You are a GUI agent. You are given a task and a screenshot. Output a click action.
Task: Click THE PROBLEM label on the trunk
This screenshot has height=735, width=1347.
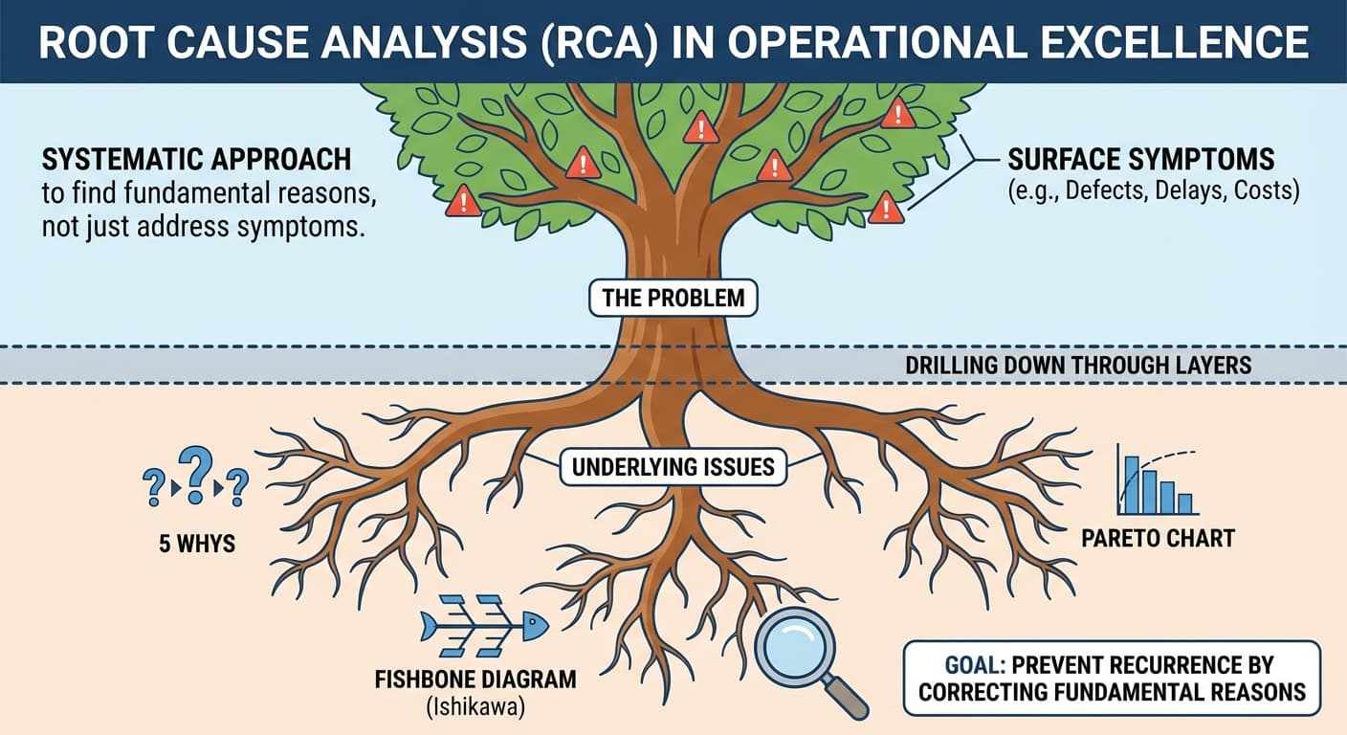coord(673,297)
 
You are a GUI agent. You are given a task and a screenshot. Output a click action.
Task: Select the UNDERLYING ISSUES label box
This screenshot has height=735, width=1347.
coord(673,467)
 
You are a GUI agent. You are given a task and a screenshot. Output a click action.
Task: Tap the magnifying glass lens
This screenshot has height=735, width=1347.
coord(796,647)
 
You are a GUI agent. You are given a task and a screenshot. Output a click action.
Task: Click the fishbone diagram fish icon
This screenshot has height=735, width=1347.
coord(485,627)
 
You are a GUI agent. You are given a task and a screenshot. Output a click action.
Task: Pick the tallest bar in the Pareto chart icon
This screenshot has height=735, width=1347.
coord(1132,486)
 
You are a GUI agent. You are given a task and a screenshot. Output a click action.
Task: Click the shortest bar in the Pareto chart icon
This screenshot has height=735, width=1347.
coord(1185,504)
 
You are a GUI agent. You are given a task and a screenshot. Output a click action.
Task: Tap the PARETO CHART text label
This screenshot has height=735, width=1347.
coord(1158,539)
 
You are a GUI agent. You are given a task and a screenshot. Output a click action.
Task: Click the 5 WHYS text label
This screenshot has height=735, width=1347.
coord(197,545)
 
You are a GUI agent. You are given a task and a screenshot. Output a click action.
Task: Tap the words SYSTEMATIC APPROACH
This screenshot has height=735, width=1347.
coord(196,159)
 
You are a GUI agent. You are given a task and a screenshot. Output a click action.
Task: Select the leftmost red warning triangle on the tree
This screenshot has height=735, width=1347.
coord(463,201)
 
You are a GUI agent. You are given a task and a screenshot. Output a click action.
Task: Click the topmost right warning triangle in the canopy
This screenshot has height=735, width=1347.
coord(897,114)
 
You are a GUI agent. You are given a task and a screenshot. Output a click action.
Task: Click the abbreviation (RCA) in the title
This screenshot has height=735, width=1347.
coord(609,42)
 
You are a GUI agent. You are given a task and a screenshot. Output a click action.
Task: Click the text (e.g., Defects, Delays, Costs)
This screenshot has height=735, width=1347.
coord(1153,190)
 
